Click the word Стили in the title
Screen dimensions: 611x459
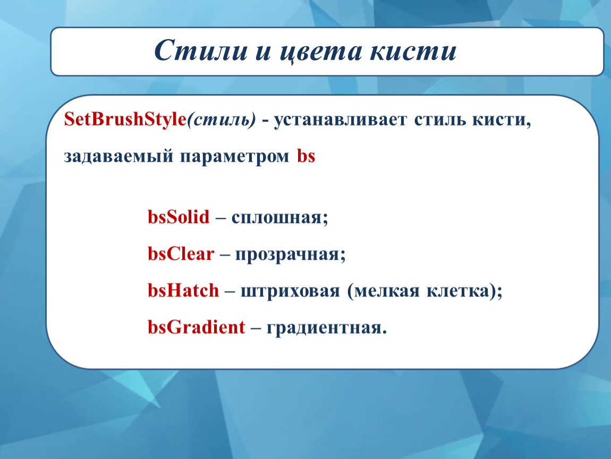201,50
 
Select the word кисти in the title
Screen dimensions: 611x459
413,51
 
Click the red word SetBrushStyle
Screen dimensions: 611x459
125,119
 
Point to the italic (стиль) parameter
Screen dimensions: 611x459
222,120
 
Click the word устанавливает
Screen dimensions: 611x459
340,120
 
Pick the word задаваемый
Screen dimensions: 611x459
118,157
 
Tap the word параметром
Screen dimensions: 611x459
235,157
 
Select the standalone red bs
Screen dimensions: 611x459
306,156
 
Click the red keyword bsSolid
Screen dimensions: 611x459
179,217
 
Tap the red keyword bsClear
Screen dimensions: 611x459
181,253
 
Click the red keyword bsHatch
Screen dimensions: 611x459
183,290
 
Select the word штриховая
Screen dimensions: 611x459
290,292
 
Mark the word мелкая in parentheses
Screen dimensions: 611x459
387,291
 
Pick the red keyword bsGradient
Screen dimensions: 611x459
197,327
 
